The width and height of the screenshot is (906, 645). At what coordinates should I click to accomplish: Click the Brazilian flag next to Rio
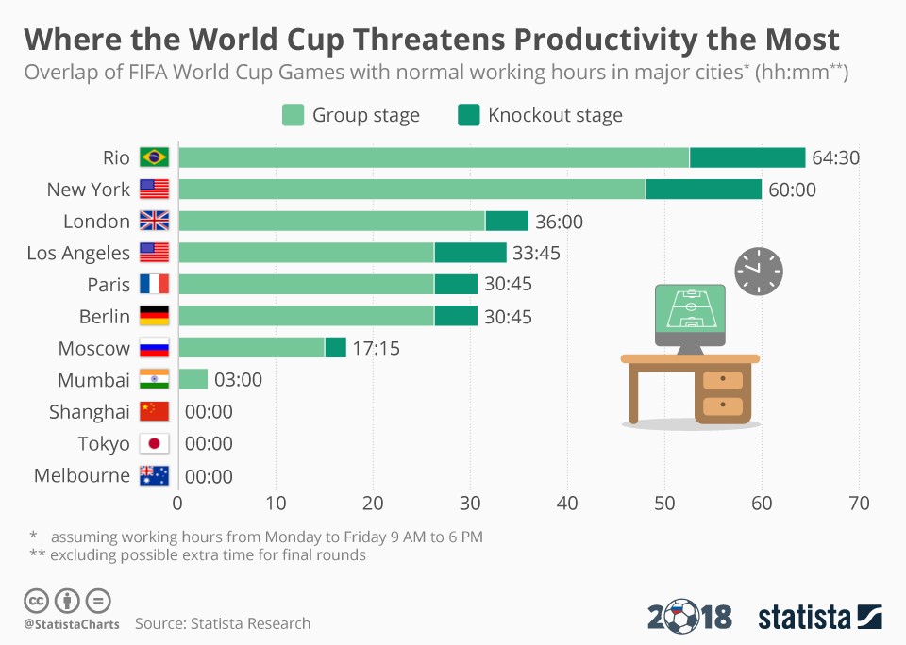[x=154, y=157]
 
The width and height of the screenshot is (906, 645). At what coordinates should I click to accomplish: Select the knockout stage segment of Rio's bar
[x=747, y=157]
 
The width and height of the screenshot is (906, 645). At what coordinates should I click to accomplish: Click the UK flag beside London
[x=154, y=221]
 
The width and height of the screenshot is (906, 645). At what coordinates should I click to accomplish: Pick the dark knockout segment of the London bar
[x=507, y=221]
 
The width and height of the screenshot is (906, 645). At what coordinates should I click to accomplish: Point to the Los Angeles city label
[x=78, y=253]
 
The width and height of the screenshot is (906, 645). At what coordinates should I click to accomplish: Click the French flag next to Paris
[x=154, y=284]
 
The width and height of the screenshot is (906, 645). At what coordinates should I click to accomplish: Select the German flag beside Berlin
[x=154, y=316]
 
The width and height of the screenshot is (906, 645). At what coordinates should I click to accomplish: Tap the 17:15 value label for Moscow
[x=376, y=348]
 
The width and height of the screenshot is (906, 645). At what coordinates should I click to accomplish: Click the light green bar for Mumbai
[x=193, y=379]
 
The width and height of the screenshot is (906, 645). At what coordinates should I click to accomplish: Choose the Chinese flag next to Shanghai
[x=154, y=411]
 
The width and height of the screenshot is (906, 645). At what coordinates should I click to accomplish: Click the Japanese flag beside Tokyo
[x=154, y=443]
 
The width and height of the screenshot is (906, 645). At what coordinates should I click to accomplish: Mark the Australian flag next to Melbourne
[x=154, y=475]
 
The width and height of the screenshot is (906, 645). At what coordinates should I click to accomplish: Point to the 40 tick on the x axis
[x=567, y=503]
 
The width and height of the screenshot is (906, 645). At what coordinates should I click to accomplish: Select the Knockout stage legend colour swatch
[x=469, y=115]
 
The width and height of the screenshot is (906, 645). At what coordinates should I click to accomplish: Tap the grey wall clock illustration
[x=759, y=271]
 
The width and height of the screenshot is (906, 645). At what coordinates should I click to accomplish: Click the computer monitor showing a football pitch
[x=690, y=312]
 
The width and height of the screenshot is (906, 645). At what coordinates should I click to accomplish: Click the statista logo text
[x=804, y=618]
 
